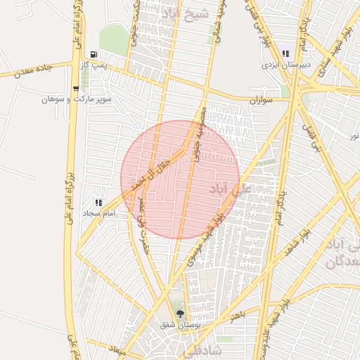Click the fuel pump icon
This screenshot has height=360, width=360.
[94, 54]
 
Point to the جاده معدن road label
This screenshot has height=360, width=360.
[31, 69]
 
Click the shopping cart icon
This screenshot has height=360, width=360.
[76, 88]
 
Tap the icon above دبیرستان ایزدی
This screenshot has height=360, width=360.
[285, 53]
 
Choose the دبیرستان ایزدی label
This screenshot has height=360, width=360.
[285, 65]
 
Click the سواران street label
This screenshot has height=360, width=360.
[264, 101]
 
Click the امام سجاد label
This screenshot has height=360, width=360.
[99, 212]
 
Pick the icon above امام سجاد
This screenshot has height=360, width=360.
[99, 202]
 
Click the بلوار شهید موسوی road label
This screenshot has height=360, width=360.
[205, 239]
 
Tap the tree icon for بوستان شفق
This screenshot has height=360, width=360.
[181, 314]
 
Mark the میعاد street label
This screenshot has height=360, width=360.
[117, 349]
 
